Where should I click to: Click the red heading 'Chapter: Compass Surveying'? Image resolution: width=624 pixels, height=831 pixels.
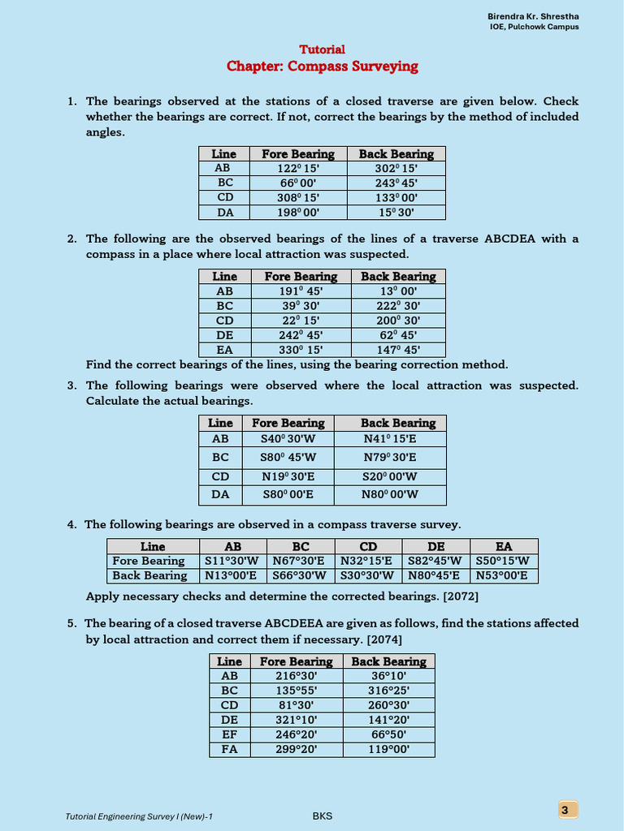pyautogui.click(x=323, y=67)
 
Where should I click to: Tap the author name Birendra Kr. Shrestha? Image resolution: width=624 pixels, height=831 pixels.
pyautogui.click(x=533, y=16)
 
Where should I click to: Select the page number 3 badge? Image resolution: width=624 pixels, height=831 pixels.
pyautogui.click(x=567, y=809)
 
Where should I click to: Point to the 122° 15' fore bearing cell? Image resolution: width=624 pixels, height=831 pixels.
pyautogui.click(x=298, y=168)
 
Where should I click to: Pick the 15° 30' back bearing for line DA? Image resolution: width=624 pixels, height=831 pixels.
pyautogui.click(x=396, y=212)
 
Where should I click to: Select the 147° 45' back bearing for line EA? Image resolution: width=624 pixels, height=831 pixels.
pyautogui.click(x=398, y=351)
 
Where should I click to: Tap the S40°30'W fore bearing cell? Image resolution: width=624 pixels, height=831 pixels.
pyautogui.click(x=288, y=438)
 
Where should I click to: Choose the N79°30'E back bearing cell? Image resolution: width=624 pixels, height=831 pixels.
pyautogui.click(x=390, y=457)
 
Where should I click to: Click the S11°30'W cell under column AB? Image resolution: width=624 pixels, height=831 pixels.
pyautogui.click(x=230, y=561)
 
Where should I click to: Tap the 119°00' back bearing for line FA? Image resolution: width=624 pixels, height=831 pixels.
pyautogui.click(x=388, y=749)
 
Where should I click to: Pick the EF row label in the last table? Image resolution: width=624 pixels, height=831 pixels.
pyautogui.click(x=230, y=734)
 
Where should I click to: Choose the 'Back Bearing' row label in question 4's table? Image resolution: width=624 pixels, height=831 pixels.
pyautogui.click(x=149, y=575)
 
